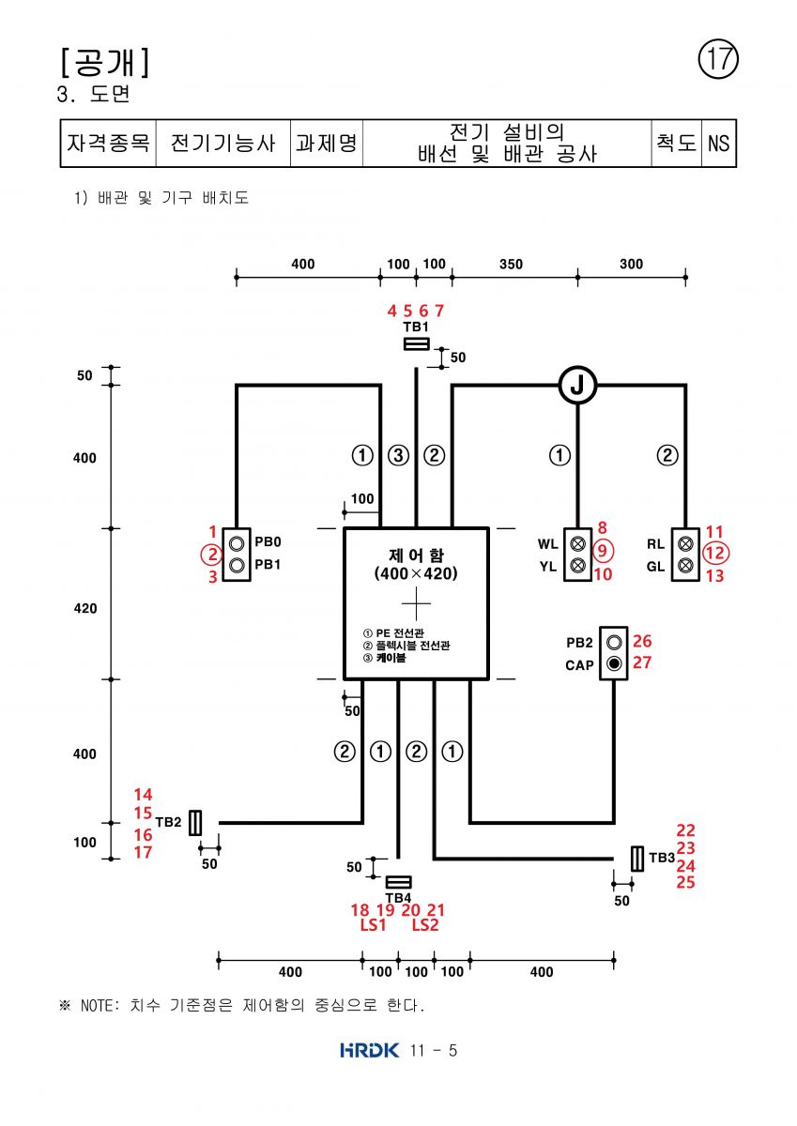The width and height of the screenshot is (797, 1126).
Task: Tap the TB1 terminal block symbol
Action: pos(417,343)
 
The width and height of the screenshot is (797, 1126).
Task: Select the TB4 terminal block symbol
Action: pos(398,882)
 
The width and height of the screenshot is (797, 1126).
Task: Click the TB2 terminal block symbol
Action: pos(195,823)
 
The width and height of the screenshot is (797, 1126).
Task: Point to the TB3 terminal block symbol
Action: pos(637,859)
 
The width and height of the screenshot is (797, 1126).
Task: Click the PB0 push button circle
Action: pos(237,543)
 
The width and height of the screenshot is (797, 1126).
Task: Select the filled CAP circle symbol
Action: pos(613,663)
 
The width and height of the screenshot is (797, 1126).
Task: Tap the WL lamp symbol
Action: pos(577,543)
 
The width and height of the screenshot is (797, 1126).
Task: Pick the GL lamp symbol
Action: pos(685,566)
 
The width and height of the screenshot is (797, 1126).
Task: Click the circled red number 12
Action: pos(715,553)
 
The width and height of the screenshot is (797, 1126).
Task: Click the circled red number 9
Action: pos(603,551)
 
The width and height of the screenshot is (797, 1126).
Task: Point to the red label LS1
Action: pos(373,924)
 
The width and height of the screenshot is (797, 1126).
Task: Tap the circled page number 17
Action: pos(718,59)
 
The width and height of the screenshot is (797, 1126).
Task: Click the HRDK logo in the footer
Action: pos(370,1050)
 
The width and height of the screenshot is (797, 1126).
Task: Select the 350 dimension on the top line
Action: pos(511,264)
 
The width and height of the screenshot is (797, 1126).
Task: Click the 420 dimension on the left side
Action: pos(85,608)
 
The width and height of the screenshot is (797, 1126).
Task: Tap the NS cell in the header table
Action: pos(718,144)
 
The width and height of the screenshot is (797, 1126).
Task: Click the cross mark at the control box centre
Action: pos(417,603)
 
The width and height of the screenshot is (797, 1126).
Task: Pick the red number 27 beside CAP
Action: pos(641,662)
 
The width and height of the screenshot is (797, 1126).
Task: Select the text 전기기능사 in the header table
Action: pos(222,144)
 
